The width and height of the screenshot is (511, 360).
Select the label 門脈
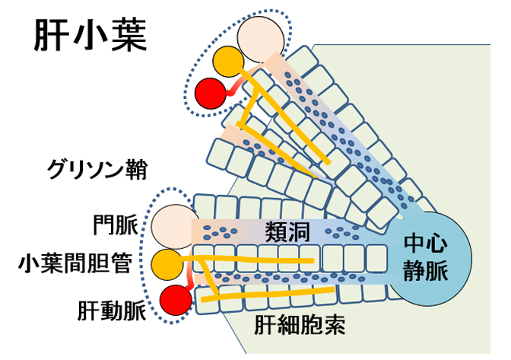point(116,226)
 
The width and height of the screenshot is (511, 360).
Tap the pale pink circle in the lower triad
point(169,226)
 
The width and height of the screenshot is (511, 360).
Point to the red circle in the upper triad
point(209,94)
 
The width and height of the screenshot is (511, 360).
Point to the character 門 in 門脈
point(103,226)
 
